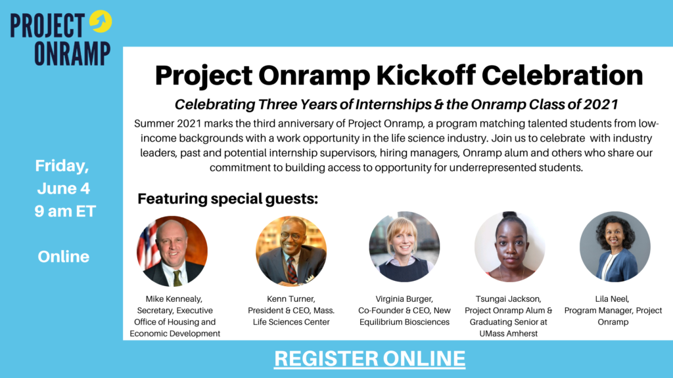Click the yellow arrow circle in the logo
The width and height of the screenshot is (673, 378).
coord(101,21)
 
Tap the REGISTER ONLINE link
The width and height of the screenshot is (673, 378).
coord(369,358)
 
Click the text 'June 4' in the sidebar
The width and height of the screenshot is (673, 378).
coord(63,188)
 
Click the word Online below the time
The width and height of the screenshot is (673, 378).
coord(64,256)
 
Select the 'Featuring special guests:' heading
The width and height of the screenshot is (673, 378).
coord(227,198)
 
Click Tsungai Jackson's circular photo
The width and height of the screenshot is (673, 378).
coord(509,247)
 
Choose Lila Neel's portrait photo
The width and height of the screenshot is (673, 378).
coord(615,247)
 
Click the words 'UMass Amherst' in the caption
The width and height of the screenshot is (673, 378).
coord(509,333)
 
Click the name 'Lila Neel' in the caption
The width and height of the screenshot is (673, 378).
coord(613,299)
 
